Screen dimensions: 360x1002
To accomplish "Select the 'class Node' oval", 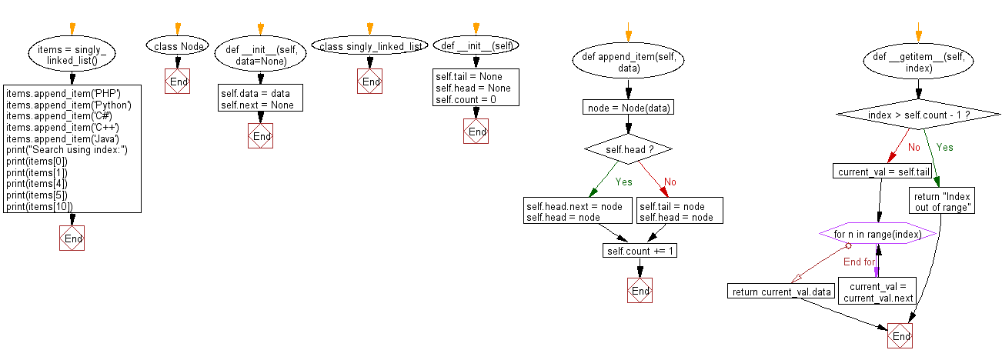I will coord(178,47).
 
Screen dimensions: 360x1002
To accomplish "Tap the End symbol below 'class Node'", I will coord(178,82).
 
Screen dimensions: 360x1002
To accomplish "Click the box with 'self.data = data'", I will coord(260,99).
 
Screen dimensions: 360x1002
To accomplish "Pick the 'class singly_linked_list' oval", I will coord(371,47).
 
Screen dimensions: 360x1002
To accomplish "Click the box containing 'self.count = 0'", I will coord(476,88).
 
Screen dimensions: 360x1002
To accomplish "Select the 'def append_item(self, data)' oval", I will coord(628,61).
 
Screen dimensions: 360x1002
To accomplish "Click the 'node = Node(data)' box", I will coord(628,108).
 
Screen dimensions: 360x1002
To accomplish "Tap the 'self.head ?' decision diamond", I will coord(628,148).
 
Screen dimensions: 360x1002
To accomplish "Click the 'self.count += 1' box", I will coord(639,252).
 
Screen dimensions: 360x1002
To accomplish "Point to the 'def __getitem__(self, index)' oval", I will coord(917,61).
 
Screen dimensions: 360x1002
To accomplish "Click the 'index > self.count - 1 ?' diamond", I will coord(917,115).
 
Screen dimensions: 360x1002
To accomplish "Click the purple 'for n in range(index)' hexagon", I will coord(877,233).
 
